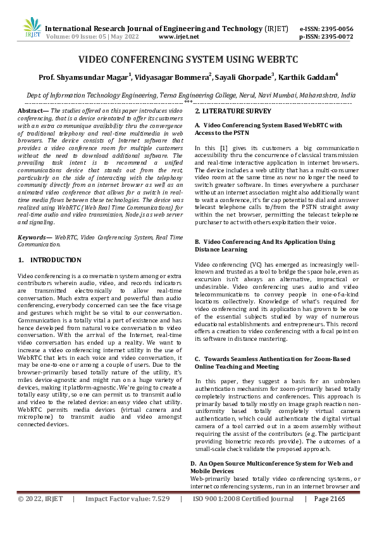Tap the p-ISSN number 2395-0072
(x=335, y=37)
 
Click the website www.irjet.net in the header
(x=179, y=37)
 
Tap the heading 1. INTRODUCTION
(x=49, y=260)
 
